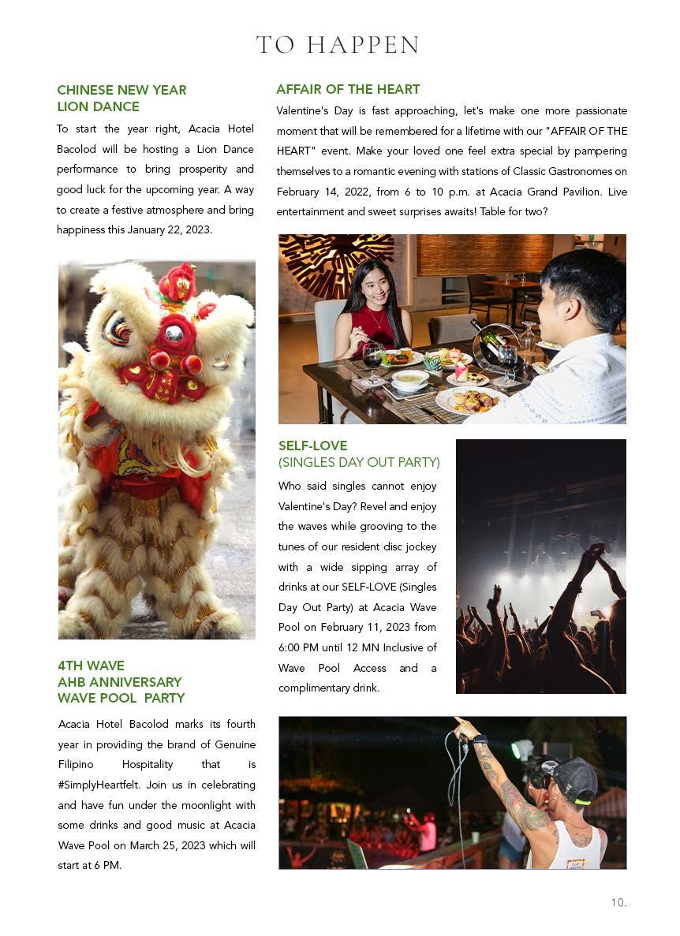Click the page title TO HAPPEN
click(x=338, y=45)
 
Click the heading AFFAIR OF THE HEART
click(x=348, y=90)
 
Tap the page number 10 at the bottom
click(x=618, y=902)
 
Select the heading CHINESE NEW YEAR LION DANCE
click(x=121, y=99)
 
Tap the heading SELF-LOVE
click(x=312, y=446)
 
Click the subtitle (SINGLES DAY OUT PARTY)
click(x=359, y=462)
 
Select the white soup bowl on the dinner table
click(x=410, y=380)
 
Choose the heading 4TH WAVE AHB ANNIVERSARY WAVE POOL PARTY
click(x=121, y=682)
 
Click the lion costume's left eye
click(x=118, y=330)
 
